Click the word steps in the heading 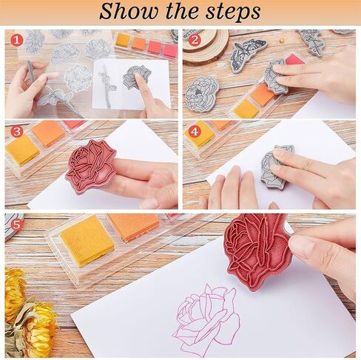(233, 13)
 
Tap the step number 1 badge (17, 41)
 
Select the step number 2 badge (195, 41)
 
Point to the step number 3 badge (17, 132)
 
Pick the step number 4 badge (195, 132)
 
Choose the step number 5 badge (16, 225)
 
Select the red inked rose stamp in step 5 (257, 251)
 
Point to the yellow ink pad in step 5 (87, 240)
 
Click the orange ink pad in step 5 (135, 226)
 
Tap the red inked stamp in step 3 (90, 166)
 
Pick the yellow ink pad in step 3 (21, 150)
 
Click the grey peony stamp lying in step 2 (202, 94)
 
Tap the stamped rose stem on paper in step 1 (107, 86)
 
